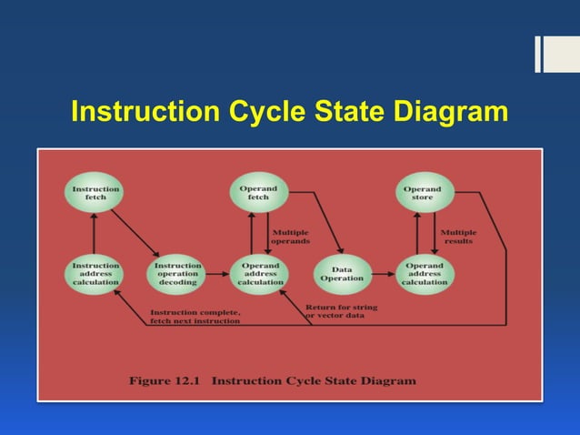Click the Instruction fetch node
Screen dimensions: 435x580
[95, 193]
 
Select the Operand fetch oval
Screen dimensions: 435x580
[258, 193]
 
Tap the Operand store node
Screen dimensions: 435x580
[423, 193]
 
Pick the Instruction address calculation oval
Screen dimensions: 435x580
[95, 274]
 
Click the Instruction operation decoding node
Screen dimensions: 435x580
[177, 274]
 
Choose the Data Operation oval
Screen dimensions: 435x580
[342, 274]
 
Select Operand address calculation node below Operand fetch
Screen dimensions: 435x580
[260, 274]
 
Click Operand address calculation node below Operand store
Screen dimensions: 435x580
[424, 274]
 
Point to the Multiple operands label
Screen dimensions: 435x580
[291, 237]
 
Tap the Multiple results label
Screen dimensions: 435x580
[458, 237]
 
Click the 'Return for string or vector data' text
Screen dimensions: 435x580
[341, 312]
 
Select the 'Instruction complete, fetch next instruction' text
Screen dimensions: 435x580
[195, 317]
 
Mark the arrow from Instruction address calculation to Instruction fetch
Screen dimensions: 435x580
[94, 233]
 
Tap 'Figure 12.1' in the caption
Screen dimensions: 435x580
[164, 380]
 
